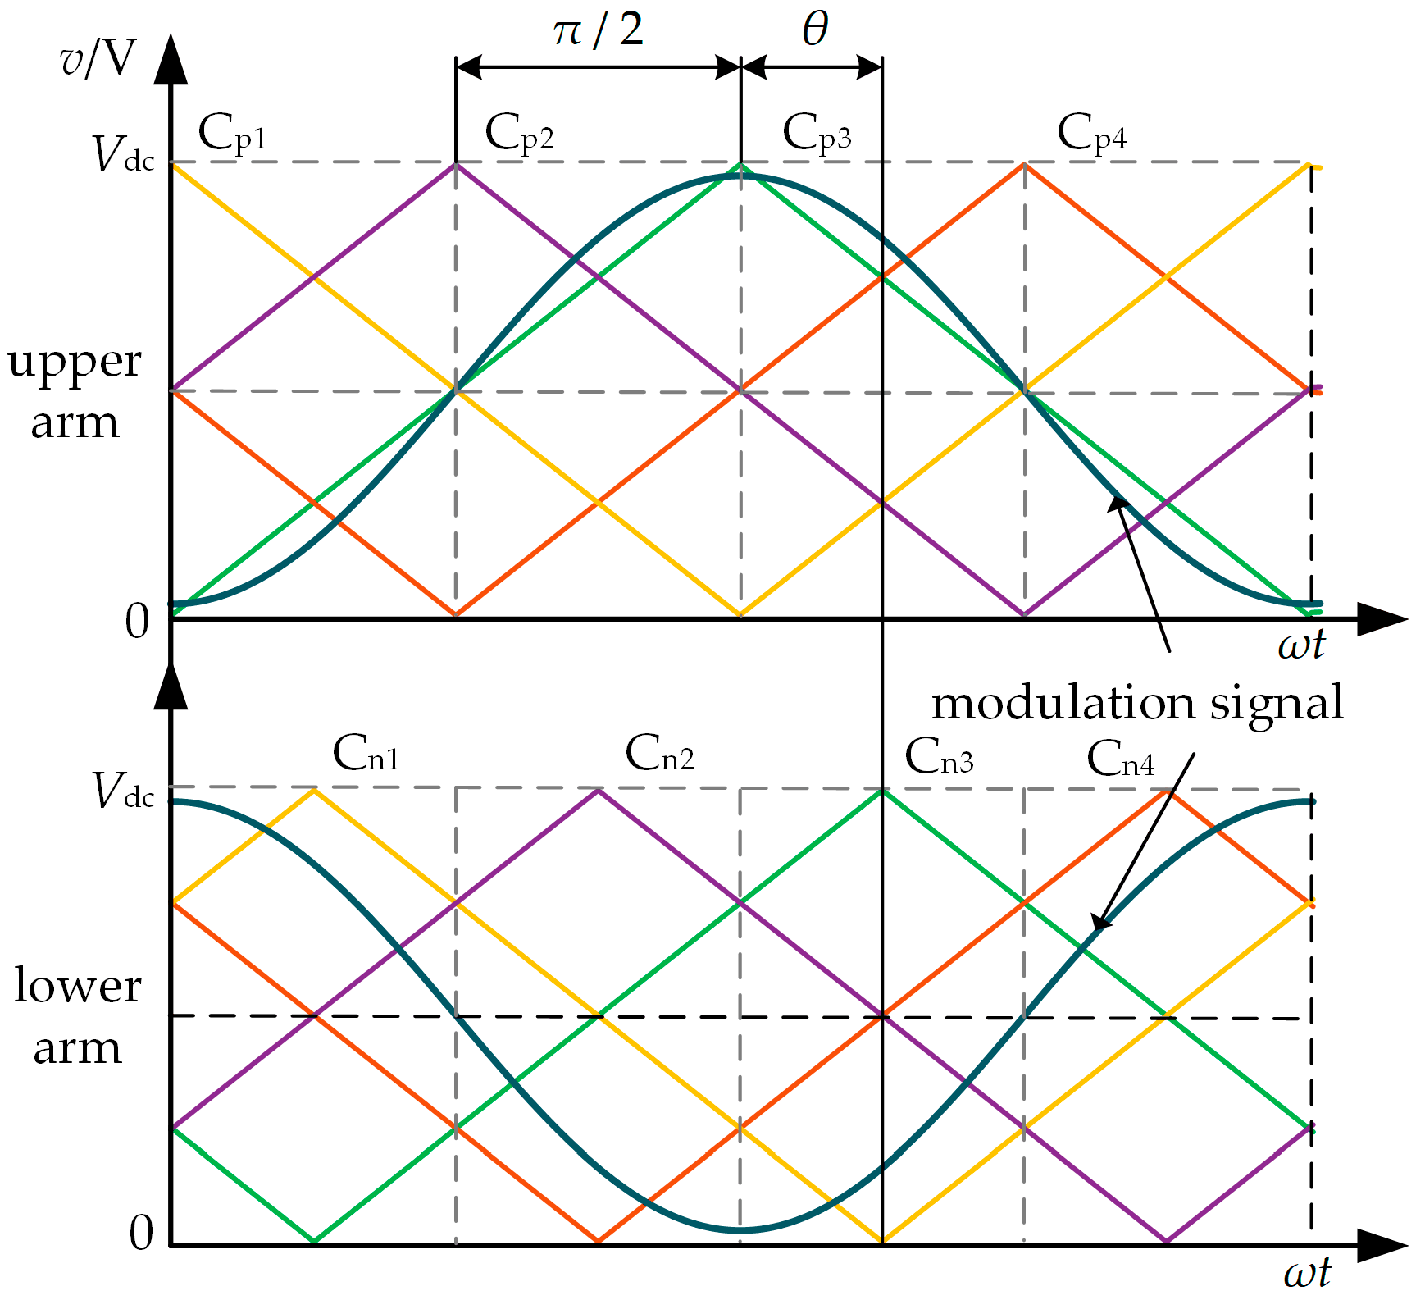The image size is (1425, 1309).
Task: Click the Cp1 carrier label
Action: coord(233,134)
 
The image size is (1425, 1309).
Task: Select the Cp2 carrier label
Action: coord(519,134)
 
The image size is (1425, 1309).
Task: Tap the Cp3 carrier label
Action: coord(817,134)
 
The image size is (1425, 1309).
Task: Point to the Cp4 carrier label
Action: coord(1091,134)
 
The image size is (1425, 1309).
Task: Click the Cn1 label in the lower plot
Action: coord(366,755)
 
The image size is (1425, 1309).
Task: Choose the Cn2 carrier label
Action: coord(659,755)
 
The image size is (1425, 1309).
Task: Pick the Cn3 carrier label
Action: coord(939,757)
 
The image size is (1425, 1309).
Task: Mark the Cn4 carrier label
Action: coord(1120,759)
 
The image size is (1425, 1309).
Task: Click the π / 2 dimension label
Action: coord(598,31)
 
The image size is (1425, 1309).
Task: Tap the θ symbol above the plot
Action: coord(815,31)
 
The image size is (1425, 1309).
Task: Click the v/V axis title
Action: coord(98,59)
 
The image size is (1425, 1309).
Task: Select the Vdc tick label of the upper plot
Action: coord(123,155)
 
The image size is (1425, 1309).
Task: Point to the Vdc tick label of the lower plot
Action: coord(123,792)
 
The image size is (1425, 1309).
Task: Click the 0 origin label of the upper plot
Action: coord(137,622)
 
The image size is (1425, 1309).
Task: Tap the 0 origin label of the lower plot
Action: coord(141,1233)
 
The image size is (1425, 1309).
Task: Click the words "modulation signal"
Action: coord(1137,704)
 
